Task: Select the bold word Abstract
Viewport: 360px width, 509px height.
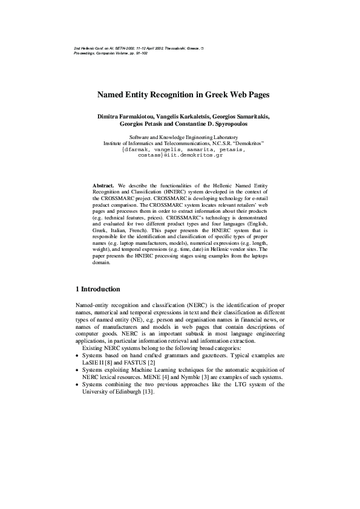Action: tap(103, 185)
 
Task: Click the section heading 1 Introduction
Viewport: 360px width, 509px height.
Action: tap(97, 289)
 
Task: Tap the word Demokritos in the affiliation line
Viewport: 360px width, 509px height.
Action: tap(246, 143)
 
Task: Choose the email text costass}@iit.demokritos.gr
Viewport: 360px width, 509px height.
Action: tap(182, 155)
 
